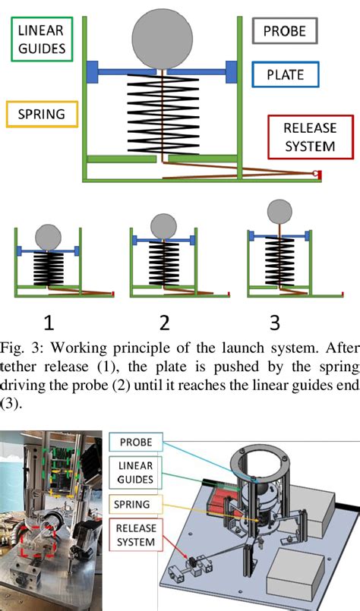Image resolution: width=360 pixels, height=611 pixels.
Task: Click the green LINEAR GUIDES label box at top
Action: [x=42, y=39]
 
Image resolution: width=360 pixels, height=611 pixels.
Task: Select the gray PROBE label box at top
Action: [x=285, y=31]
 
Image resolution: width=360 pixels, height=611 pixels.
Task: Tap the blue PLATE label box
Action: [x=285, y=74]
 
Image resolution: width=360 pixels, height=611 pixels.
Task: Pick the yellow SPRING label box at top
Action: [x=42, y=114]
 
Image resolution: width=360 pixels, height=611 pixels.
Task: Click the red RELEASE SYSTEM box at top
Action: [x=311, y=137]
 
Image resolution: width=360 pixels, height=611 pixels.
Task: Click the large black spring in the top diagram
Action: [x=163, y=114]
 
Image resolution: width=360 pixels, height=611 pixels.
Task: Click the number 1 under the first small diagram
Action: [x=49, y=323]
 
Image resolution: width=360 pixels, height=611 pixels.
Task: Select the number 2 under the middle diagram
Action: [x=164, y=323]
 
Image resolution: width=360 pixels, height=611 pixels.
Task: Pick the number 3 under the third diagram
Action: [x=275, y=323]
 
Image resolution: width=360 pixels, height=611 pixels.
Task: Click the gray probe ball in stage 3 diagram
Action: [x=279, y=212]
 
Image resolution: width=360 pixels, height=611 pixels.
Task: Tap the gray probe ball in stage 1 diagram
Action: [x=48, y=238]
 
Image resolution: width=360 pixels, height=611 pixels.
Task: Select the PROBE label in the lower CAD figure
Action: [x=136, y=443]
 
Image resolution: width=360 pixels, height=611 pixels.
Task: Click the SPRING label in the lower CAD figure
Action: [x=132, y=504]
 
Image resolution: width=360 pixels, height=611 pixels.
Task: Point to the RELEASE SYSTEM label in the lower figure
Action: [x=136, y=534]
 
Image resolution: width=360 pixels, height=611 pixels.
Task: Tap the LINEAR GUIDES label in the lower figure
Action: [x=135, y=472]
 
